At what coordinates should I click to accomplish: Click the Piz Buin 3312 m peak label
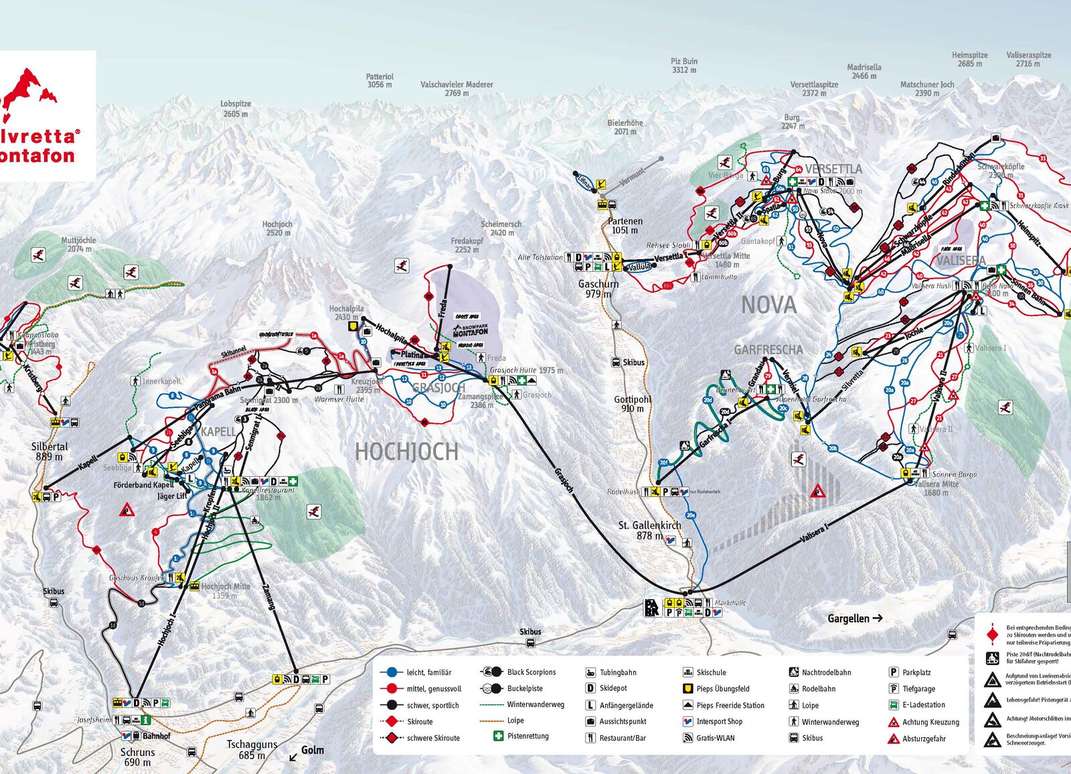tap(684, 65)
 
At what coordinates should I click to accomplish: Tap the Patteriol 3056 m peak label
tap(380, 80)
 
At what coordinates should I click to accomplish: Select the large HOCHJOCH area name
tap(406, 452)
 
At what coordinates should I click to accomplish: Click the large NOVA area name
tap(768, 305)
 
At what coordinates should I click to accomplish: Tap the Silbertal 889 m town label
tap(50, 451)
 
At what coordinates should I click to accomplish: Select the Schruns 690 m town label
tap(137, 757)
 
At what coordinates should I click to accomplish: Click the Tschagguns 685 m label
tap(252, 749)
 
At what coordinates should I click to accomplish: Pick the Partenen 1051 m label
tap(625, 226)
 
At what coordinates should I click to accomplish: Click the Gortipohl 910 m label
tap(633, 404)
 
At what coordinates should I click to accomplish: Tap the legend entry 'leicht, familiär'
tap(428, 672)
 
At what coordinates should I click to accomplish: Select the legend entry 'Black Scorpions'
tap(531, 672)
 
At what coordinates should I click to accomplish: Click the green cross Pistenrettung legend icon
tap(498, 736)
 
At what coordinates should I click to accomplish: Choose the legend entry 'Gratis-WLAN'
tap(715, 738)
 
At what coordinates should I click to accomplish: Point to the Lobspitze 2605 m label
tap(236, 108)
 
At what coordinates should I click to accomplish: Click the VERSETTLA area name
tap(833, 169)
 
